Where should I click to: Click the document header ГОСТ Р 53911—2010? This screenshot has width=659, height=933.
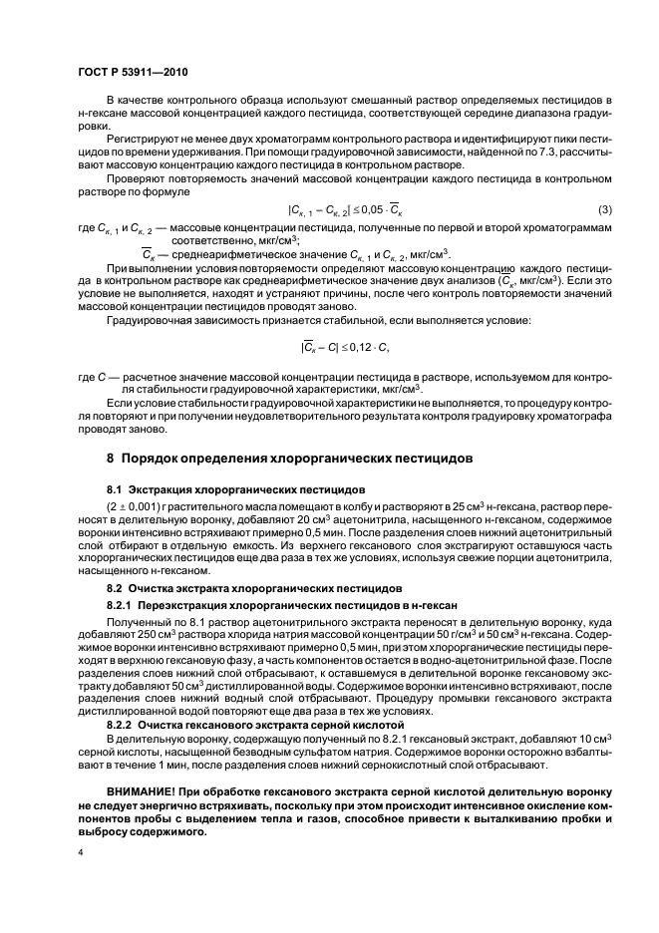click(x=132, y=72)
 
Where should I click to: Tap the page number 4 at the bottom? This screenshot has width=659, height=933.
click(x=81, y=853)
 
